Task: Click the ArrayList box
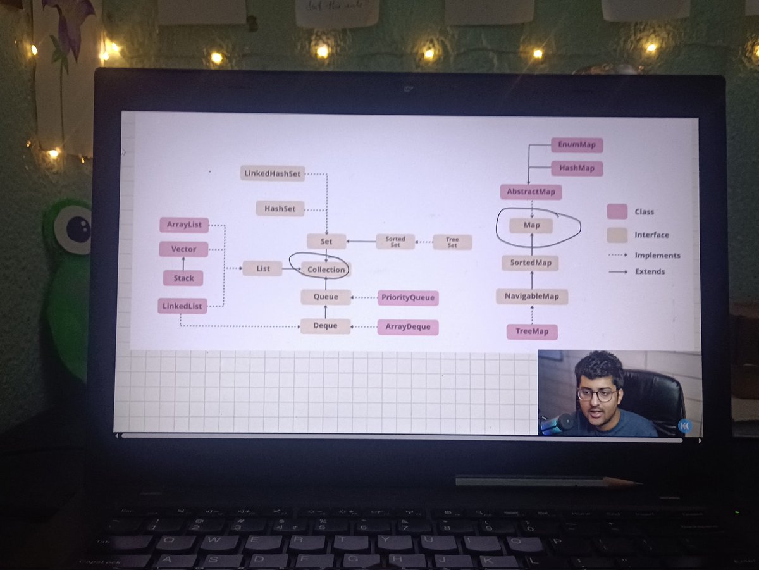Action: coord(183,225)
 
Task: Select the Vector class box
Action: coord(183,249)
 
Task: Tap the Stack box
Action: coord(183,278)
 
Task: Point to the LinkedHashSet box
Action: coord(273,173)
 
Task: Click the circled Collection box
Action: coord(326,270)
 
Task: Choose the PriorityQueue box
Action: coord(408,297)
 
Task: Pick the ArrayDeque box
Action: coord(408,326)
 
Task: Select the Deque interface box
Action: coord(325,326)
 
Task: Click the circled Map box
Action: coord(531,225)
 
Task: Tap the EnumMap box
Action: coord(577,145)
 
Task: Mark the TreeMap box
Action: coord(532,331)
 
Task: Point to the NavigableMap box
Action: coord(532,296)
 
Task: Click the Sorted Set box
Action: coord(395,242)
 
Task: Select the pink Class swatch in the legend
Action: coord(617,211)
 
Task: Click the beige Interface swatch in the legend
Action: coord(617,235)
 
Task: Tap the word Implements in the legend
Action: coord(658,256)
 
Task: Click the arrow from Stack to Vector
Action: coord(183,263)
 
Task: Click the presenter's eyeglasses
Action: coord(596,394)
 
